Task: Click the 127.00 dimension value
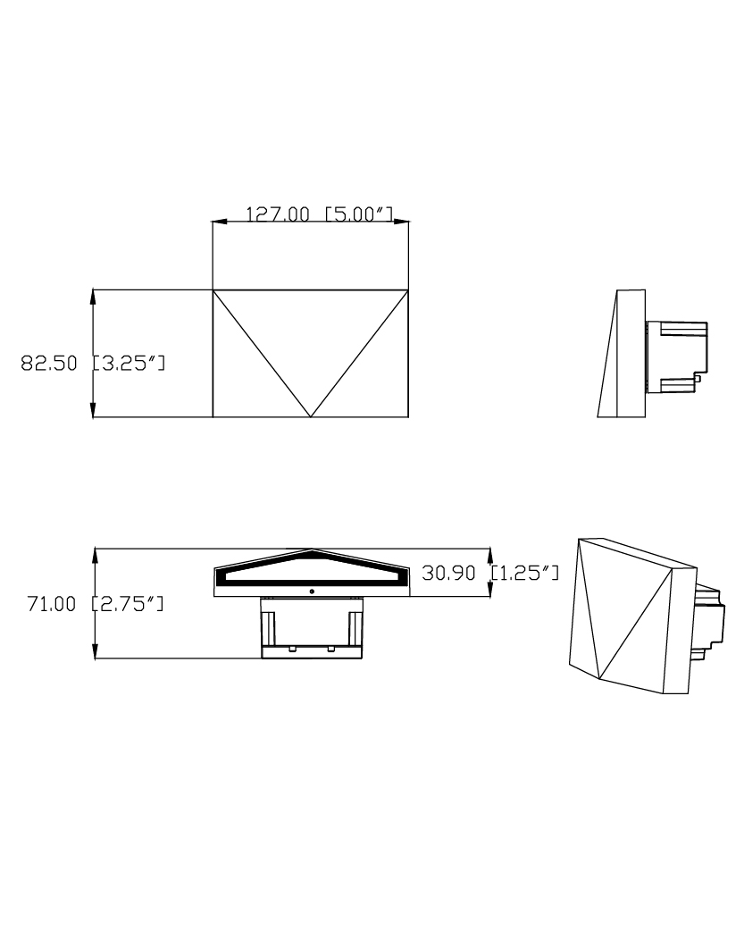[278, 214]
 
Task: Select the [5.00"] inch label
[359, 214]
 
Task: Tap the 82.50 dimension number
[49, 363]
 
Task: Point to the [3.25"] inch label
[129, 363]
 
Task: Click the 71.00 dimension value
[52, 604]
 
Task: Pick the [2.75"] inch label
[128, 604]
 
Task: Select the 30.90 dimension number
[449, 573]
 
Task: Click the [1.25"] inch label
[524, 573]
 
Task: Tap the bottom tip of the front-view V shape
[311, 417]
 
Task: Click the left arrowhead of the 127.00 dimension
[220, 222]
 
